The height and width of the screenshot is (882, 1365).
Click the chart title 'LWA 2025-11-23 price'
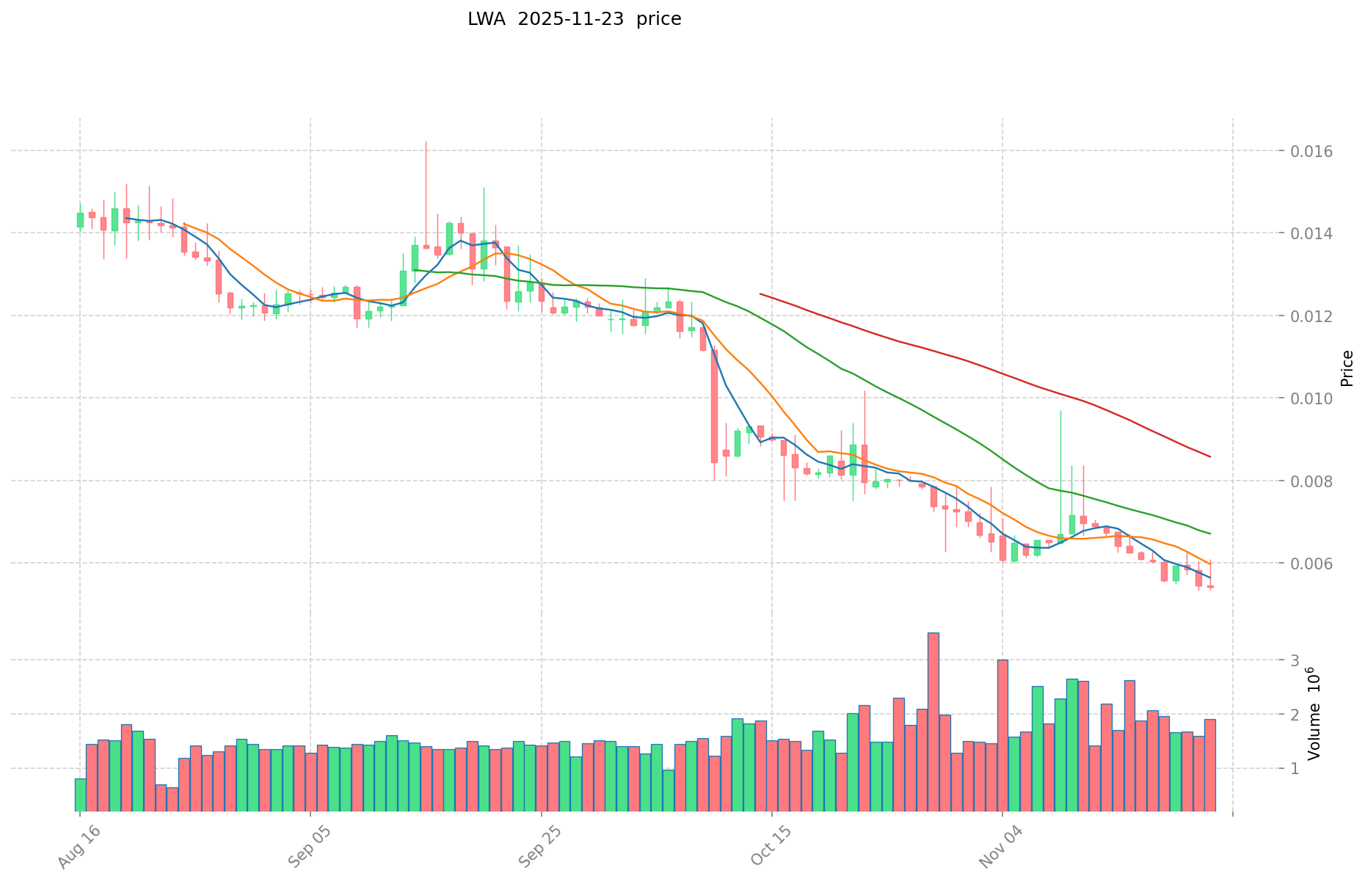[574, 19]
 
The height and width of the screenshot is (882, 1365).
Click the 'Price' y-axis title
[1347, 368]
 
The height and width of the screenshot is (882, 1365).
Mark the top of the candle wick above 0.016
[426, 141]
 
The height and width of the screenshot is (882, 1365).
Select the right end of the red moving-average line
[1210, 457]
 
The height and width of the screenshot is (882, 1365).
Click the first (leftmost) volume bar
[80, 795]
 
